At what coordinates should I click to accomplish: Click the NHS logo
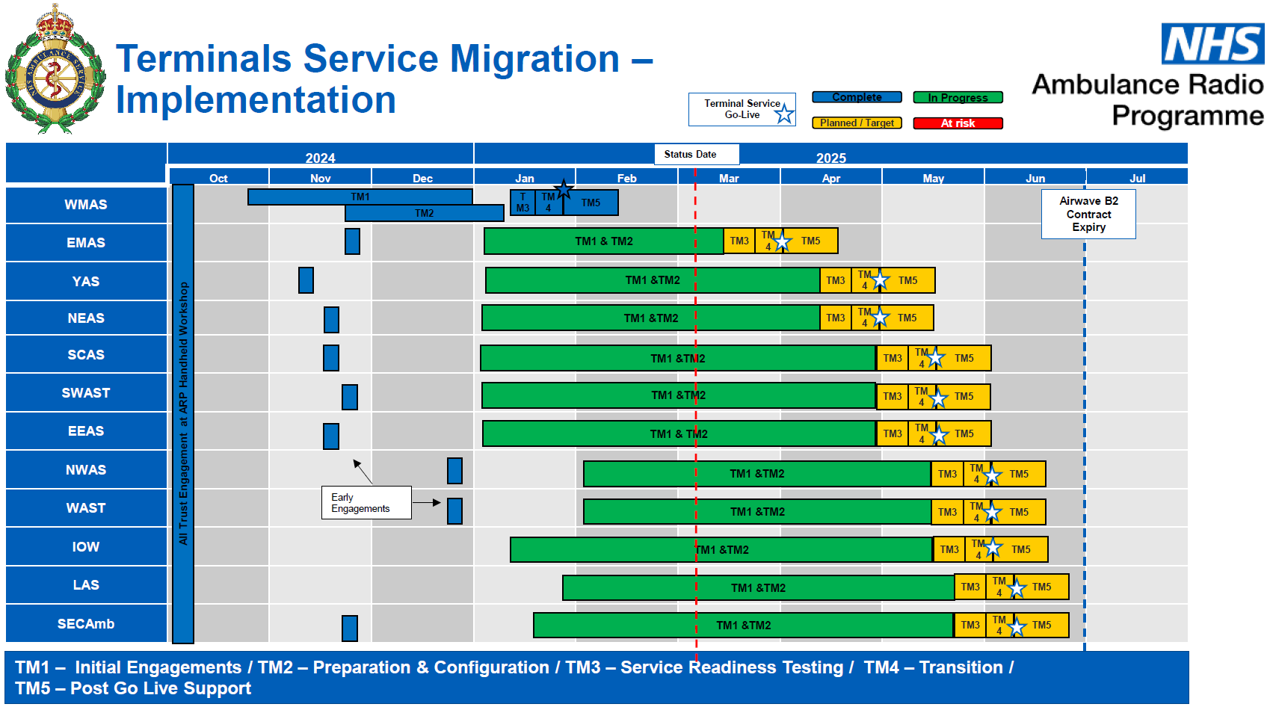[1212, 43]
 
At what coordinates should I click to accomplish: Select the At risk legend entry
[958, 123]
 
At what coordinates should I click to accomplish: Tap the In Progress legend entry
[958, 98]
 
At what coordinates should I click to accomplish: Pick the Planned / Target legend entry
[857, 123]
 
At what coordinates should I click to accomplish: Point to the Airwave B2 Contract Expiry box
[1088, 214]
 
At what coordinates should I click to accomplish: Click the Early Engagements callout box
[366, 503]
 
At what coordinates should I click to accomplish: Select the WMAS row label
[86, 205]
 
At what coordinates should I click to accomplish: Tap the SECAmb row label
[86, 624]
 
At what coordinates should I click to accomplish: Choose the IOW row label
[86, 547]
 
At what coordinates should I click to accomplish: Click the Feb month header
[626, 178]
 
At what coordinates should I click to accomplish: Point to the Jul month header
[1137, 178]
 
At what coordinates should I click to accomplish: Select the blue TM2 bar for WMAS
[424, 214]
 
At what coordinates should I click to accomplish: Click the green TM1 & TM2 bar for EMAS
[603, 241]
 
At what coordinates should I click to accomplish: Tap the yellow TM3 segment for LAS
[970, 587]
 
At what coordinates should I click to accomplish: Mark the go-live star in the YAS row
[881, 280]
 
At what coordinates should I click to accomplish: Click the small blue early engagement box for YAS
[306, 280]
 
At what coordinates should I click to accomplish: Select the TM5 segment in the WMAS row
[591, 203]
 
